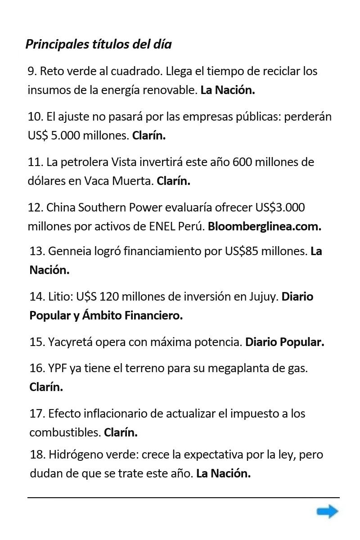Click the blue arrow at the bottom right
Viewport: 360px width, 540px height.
point(327,511)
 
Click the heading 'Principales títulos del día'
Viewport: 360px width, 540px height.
point(99,45)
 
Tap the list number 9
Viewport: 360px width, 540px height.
point(32,71)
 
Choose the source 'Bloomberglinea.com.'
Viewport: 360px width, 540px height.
point(265,226)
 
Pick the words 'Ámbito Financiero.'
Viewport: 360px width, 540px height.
point(132,316)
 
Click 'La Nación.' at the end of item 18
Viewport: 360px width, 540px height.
point(223,473)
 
